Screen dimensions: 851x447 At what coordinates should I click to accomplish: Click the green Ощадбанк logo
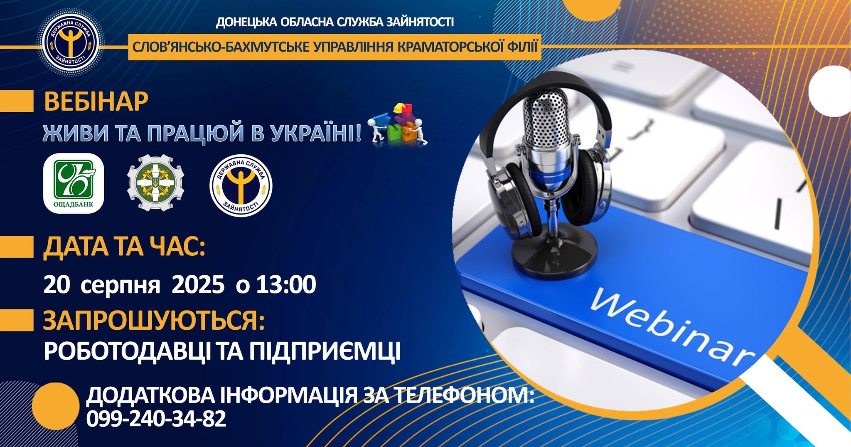[x=74, y=183]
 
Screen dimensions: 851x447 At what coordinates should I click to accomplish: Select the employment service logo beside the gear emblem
[x=241, y=185]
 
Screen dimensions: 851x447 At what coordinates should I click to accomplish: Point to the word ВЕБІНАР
[x=96, y=102]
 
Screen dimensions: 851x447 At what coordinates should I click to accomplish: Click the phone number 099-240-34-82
[x=156, y=418]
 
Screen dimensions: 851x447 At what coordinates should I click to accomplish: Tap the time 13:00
[x=286, y=285]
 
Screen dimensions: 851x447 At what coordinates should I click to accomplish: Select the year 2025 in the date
[x=198, y=285]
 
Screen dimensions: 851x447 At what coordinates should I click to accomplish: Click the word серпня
[x=121, y=286]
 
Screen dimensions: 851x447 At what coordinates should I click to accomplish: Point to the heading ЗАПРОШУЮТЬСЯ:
[x=154, y=321]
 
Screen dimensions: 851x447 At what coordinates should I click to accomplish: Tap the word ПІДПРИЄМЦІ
[x=325, y=351]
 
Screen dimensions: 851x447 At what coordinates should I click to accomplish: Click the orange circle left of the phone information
[x=56, y=406]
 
